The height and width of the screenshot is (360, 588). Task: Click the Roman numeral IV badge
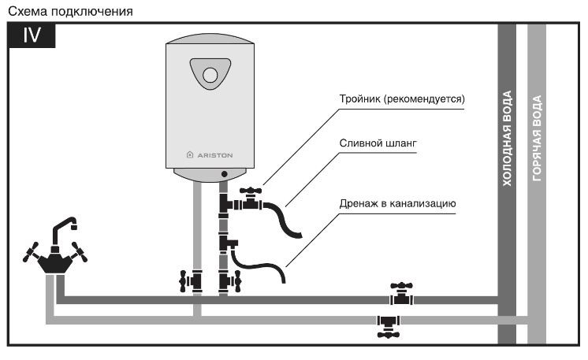tap(32, 35)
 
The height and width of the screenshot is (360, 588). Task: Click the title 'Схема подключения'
tap(70, 11)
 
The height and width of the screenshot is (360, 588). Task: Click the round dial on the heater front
tap(210, 75)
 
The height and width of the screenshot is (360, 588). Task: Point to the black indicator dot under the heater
tap(225, 174)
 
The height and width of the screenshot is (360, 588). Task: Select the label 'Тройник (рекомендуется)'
tap(402, 99)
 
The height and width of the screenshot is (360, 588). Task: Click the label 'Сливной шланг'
tap(378, 143)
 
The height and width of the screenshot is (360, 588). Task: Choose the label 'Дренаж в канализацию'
tap(397, 203)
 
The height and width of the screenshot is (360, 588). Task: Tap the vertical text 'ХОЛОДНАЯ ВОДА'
tap(507, 138)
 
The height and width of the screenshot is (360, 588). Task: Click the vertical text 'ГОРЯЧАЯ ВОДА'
tap(537, 138)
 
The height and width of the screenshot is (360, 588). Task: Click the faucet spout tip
tap(74, 226)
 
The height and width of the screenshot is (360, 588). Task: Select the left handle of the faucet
tap(31, 252)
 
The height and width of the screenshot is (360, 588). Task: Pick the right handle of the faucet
tap(80, 252)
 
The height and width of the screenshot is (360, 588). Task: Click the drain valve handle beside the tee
tap(251, 191)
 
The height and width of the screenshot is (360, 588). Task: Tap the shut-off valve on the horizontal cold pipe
tap(401, 294)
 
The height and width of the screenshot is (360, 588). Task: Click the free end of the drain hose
tap(300, 236)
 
